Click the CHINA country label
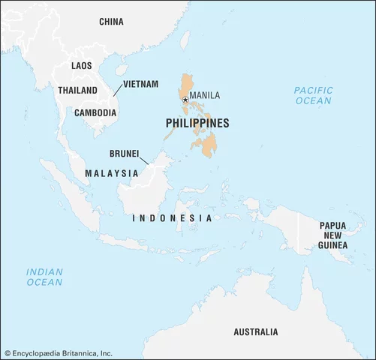pos(111,22)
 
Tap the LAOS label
pos(81,66)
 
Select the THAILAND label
pos(77,90)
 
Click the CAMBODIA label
pos(95,113)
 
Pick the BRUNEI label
pos(124,153)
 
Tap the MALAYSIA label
pos(111,173)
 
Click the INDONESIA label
pos(171,217)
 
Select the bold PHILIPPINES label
pos(197,124)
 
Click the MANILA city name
pos(205,95)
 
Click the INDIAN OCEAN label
pos(45,277)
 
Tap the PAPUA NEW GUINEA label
pos(332,235)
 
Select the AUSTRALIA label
pos(255,331)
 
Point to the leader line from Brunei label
pos(147,160)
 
